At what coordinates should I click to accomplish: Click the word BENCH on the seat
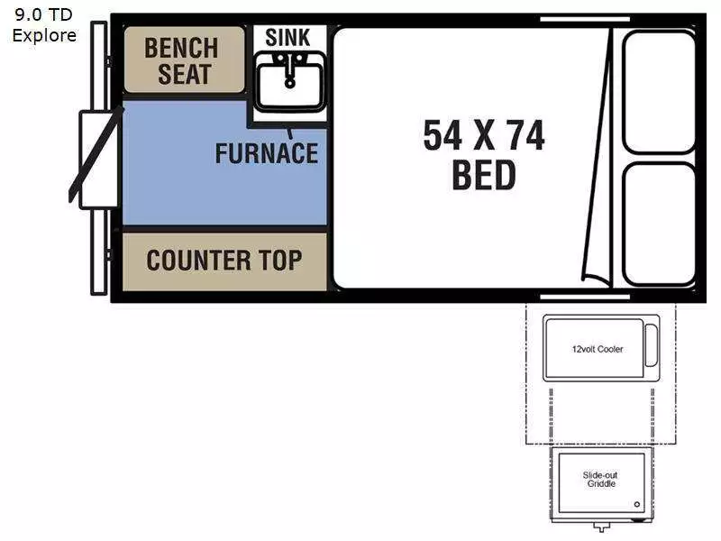tap(181, 48)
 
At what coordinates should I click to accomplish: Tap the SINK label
tap(287, 37)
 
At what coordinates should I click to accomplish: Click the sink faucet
tap(289, 70)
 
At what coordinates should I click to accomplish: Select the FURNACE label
tap(267, 153)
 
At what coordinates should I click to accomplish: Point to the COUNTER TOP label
tap(224, 260)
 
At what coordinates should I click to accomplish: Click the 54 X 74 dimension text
tap(484, 134)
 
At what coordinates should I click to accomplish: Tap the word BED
tap(484, 175)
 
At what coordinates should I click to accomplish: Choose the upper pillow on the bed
tap(659, 92)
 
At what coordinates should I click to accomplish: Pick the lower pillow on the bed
tap(659, 224)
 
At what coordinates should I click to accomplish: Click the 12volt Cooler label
tap(598, 349)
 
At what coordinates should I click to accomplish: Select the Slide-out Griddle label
tap(600, 479)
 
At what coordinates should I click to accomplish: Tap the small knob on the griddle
tap(637, 504)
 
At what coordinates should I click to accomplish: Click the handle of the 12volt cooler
tap(651, 345)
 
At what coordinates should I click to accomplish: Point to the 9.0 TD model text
tap(43, 14)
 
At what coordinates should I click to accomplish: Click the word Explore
tap(44, 35)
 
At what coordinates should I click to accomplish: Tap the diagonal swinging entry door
tap(96, 154)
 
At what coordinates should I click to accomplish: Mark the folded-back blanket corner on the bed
tap(596, 280)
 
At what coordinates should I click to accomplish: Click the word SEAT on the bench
tap(185, 74)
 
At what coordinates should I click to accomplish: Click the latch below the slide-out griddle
tap(601, 527)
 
